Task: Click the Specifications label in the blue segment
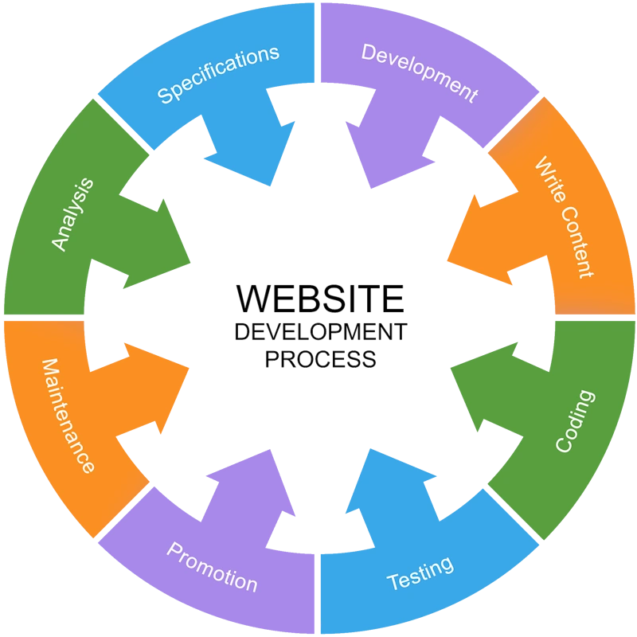click(x=218, y=75)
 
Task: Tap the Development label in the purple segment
click(x=420, y=72)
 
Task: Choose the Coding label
click(x=575, y=421)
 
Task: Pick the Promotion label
click(x=212, y=567)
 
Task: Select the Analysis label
click(x=72, y=214)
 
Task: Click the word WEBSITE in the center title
click(x=321, y=298)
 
